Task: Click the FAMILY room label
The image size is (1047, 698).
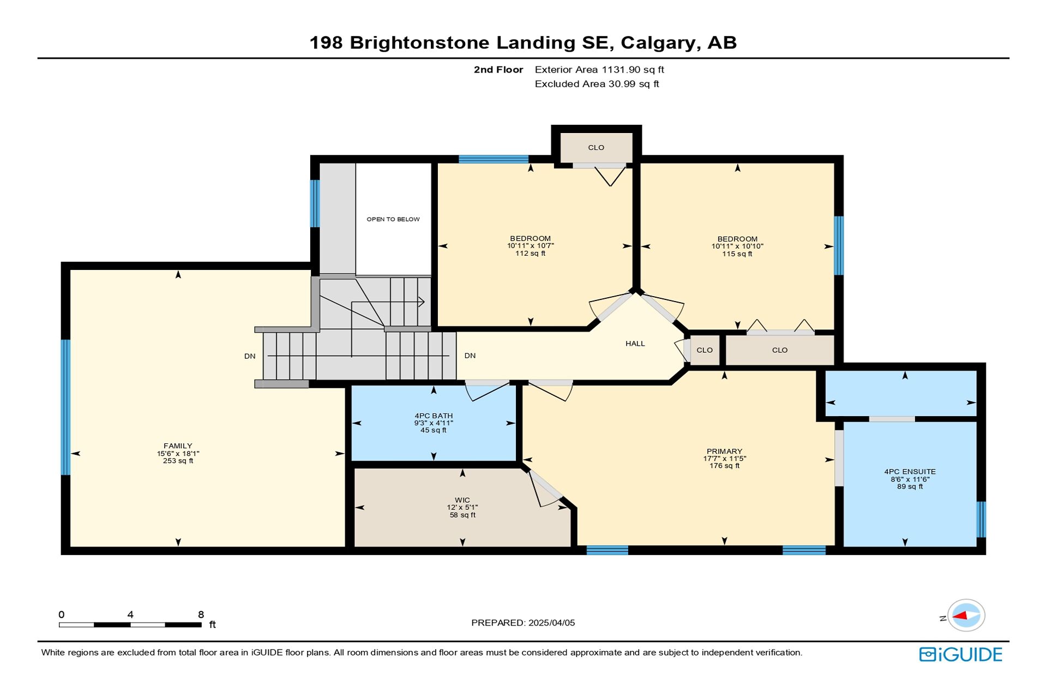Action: click(x=178, y=446)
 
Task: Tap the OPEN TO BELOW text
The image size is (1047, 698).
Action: click(x=393, y=219)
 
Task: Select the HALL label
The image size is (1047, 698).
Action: click(x=635, y=344)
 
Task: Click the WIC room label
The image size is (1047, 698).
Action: click(x=462, y=500)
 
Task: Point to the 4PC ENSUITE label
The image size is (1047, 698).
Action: click(x=910, y=472)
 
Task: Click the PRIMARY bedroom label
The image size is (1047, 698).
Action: click(x=724, y=451)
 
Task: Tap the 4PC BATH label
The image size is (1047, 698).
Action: click(x=434, y=416)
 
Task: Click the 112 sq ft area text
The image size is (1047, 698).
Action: click(x=530, y=253)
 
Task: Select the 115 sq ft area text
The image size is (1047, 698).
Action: click(x=737, y=254)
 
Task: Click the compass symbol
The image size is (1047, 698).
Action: click(x=966, y=616)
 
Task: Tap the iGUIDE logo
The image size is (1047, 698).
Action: click(x=960, y=654)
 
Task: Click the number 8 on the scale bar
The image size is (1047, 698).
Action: click(x=201, y=615)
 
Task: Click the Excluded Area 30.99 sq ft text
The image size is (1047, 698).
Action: click(x=597, y=84)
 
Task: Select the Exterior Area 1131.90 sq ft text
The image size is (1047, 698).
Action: click(x=599, y=70)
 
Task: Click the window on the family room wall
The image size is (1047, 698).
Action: click(x=65, y=407)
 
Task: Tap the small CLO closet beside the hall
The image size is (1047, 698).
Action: click(x=705, y=350)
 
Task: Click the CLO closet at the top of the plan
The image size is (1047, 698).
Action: click(x=596, y=147)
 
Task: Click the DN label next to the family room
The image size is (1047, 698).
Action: click(x=250, y=356)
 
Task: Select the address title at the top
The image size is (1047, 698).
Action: click(x=523, y=43)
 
